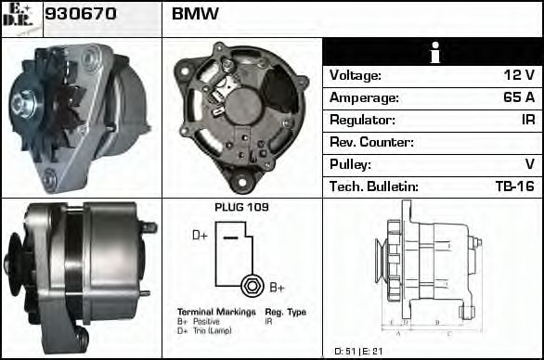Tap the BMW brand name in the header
[196, 14]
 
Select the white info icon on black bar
[432, 53]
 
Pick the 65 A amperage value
[517, 97]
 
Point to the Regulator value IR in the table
[526, 120]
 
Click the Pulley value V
[529, 164]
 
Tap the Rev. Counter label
[371, 142]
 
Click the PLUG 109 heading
[241, 207]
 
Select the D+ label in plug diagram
[200, 236]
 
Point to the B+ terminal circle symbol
[249, 285]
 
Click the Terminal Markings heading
[215, 312]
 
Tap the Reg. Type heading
[285, 312]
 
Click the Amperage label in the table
[365, 97]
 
